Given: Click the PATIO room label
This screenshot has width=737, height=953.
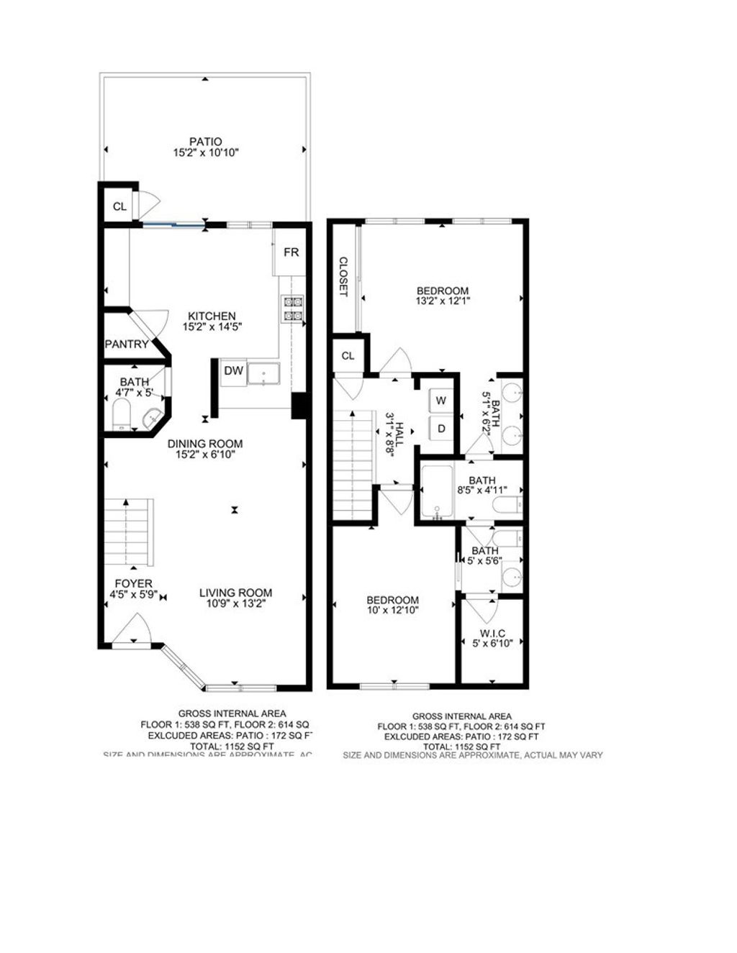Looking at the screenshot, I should pos(205,142).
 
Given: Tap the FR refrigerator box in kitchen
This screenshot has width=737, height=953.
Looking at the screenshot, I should pos(291,252).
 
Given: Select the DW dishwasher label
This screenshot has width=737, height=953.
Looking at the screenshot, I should pos(232,371).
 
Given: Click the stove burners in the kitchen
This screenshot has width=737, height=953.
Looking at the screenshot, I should pos(293,309).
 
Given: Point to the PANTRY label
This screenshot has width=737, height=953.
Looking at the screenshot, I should pos(127,345).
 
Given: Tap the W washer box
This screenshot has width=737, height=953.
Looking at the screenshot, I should pos(440,400).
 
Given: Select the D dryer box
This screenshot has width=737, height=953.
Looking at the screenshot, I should pos(440,429).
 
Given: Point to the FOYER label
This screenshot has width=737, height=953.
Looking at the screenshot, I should pos(133,583).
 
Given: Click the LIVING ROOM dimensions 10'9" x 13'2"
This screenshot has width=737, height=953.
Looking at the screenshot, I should pos(235,604).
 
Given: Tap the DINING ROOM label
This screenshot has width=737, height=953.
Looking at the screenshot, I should pos(205,444).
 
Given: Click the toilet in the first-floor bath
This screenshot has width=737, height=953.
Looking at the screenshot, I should pos(121,415).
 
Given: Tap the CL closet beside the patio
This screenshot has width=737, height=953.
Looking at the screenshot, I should pos(119,207).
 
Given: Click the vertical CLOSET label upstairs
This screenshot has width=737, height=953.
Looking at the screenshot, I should pos(343,277).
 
